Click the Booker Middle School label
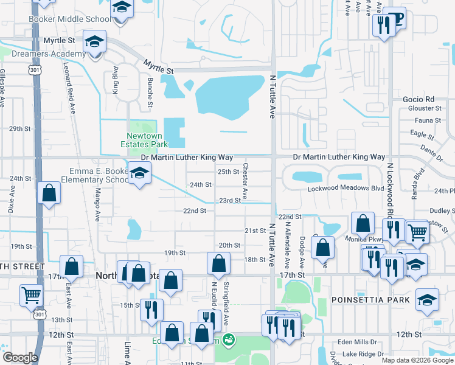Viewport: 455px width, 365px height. (69, 19)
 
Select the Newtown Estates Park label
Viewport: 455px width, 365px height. (147, 140)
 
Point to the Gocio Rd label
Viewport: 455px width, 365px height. (418, 99)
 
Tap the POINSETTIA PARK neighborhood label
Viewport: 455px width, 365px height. (364, 300)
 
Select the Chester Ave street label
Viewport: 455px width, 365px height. (245, 181)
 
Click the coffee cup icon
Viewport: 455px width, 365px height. (397, 19)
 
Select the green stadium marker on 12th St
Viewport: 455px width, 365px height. (228, 339)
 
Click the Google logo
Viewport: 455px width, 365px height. (20, 358)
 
